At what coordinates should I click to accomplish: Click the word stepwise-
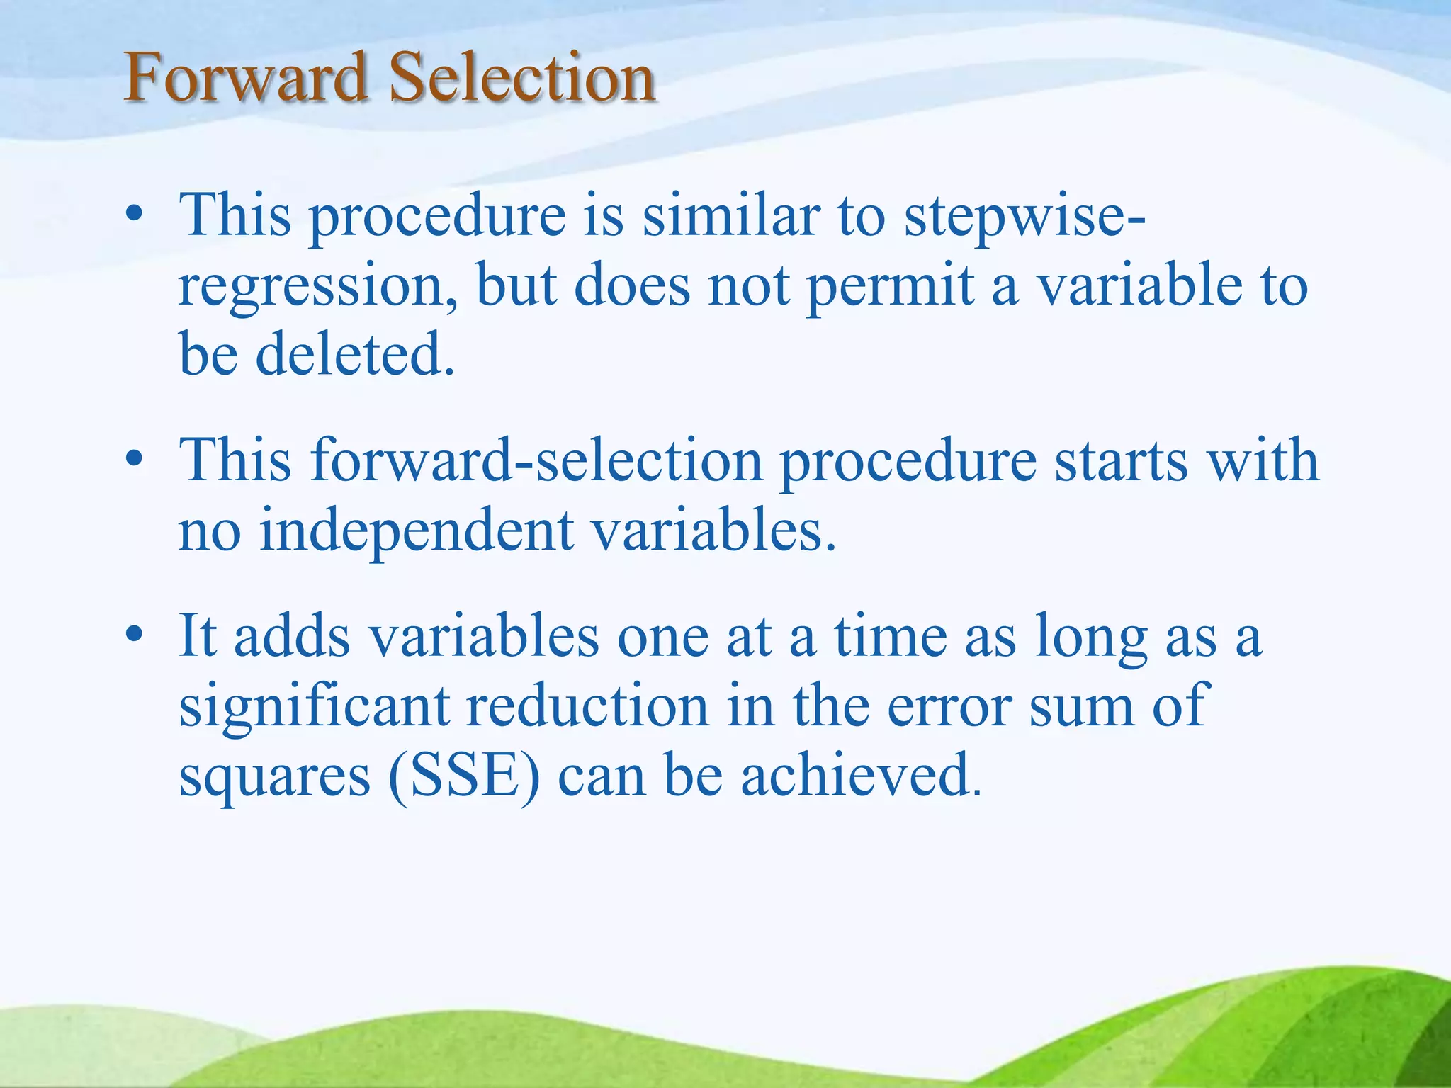(1024, 217)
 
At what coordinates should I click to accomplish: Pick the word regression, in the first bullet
(317, 287)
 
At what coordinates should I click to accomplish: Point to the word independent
(416, 533)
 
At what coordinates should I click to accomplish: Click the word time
(890, 635)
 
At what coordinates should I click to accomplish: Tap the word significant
(315, 707)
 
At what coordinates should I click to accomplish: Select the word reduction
(587, 705)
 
